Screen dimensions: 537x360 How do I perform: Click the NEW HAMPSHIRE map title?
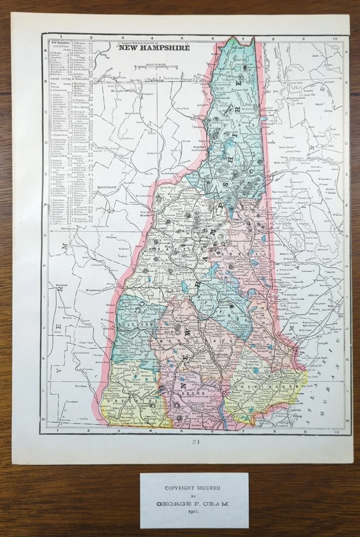pos(153,48)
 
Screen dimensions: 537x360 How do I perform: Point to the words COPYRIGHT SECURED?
pos(194,488)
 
